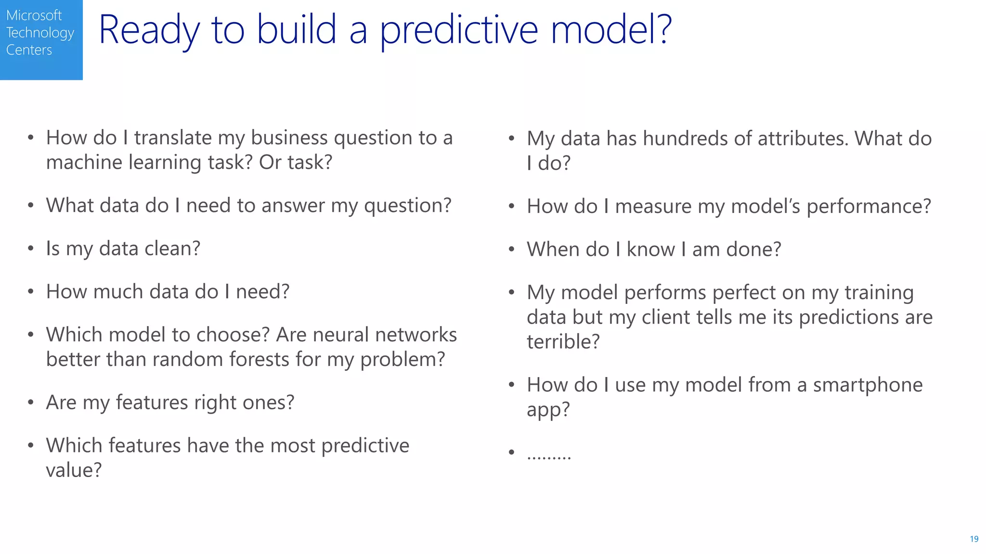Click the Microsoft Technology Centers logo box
point(41,39)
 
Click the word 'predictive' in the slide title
point(458,30)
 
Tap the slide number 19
point(974,539)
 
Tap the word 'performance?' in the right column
point(869,207)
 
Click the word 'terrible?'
point(563,342)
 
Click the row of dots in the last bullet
point(549,455)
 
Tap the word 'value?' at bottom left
point(74,470)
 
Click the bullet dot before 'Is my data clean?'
point(31,249)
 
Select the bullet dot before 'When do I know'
point(511,250)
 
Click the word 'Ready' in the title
point(149,30)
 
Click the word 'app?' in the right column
point(548,410)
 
